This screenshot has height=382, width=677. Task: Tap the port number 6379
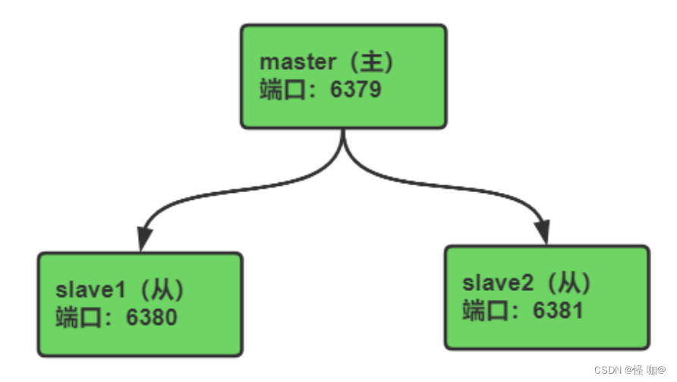[355, 90]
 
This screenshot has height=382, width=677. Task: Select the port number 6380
[151, 316]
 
